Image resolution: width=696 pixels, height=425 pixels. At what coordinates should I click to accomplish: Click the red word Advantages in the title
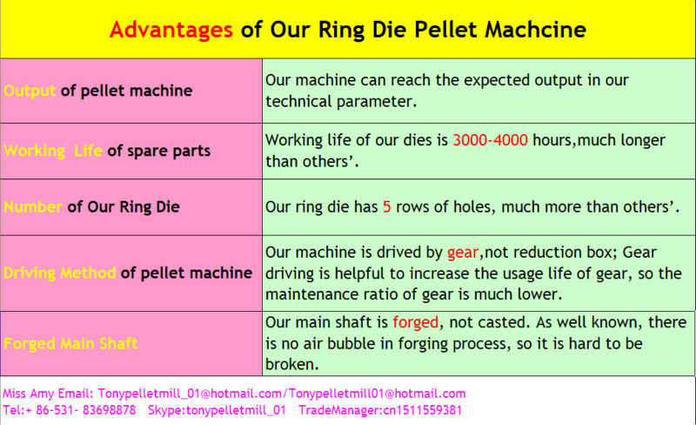(x=171, y=30)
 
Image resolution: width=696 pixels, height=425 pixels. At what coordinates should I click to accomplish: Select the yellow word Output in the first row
(x=30, y=91)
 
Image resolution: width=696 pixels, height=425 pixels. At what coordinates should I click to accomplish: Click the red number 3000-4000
(x=490, y=140)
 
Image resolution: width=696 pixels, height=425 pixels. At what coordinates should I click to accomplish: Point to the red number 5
(x=386, y=206)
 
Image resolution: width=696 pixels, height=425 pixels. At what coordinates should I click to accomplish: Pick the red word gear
(x=463, y=253)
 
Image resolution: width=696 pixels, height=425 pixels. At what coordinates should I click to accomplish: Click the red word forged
(x=416, y=322)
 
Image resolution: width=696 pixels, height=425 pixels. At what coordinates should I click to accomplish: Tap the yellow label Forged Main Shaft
(x=70, y=344)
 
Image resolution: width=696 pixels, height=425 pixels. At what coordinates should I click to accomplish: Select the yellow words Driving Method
(x=59, y=273)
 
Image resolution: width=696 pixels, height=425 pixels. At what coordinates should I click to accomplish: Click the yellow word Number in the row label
(x=33, y=206)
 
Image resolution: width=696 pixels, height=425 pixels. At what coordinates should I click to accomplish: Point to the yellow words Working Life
(x=53, y=151)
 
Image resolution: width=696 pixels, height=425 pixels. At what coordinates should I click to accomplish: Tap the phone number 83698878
(x=110, y=410)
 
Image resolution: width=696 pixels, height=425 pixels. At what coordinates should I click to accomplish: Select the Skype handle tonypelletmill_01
(x=236, y=410)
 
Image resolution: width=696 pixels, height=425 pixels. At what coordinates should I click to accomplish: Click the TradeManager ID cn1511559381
(x=421, y=410)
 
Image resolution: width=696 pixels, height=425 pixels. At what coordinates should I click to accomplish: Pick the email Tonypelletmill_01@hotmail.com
(x=190, y=394)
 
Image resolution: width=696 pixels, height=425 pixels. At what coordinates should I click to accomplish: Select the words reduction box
(x=562, y=253)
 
